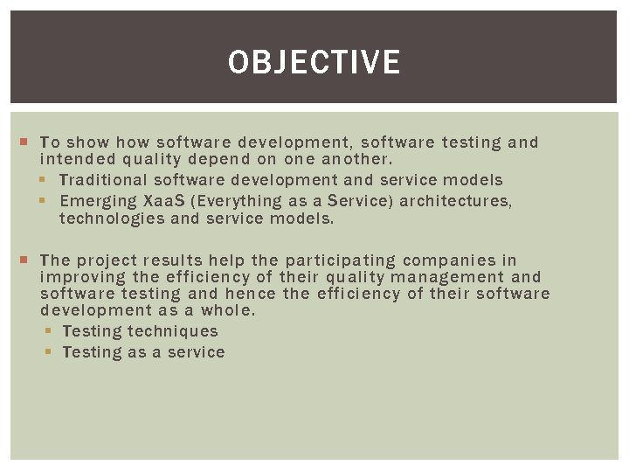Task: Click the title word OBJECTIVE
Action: point(314,62)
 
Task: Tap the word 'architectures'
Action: point(456,201)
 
